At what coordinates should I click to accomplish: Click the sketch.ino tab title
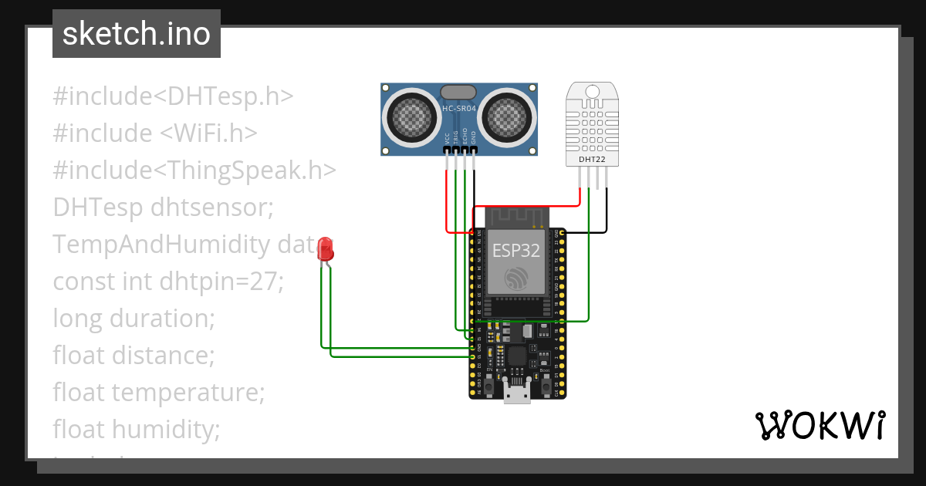(x=136, y=34)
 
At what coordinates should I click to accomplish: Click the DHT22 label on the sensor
(x=592, y=160)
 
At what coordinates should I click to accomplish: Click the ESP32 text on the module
(x=516, y=251)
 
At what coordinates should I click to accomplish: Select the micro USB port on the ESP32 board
(x=517, y=393)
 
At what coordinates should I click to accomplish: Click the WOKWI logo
(x=820, y=425)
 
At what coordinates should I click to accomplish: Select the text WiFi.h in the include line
(x=208, y=133)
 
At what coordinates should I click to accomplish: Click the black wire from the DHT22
(x=607, y=208)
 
